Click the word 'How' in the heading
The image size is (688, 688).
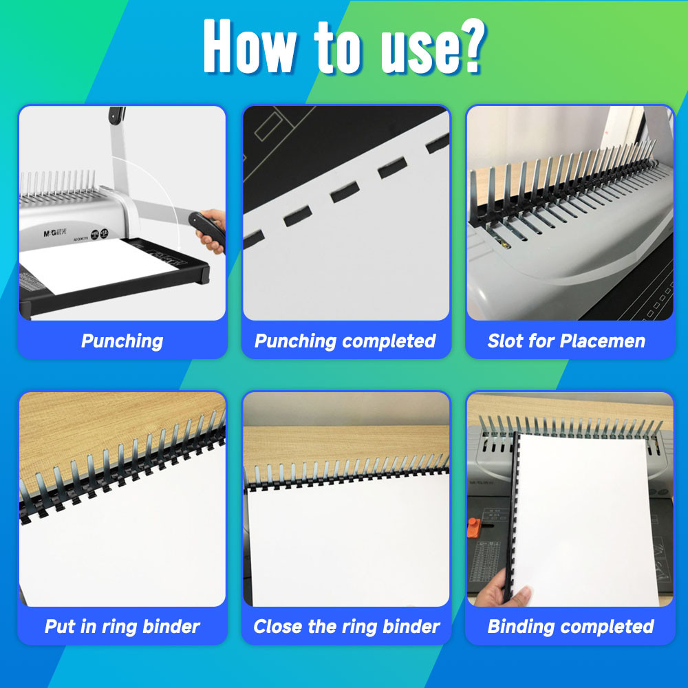click(x=250, y=46)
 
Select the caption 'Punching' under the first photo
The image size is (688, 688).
click(x=122, y=341)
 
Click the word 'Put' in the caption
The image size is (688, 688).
click(x=59, y=626)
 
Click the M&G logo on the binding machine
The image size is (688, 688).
click(x=54, y=233)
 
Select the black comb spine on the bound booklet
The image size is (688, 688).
click(x=513, y=517)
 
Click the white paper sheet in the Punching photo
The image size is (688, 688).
click(x=98, y=266)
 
